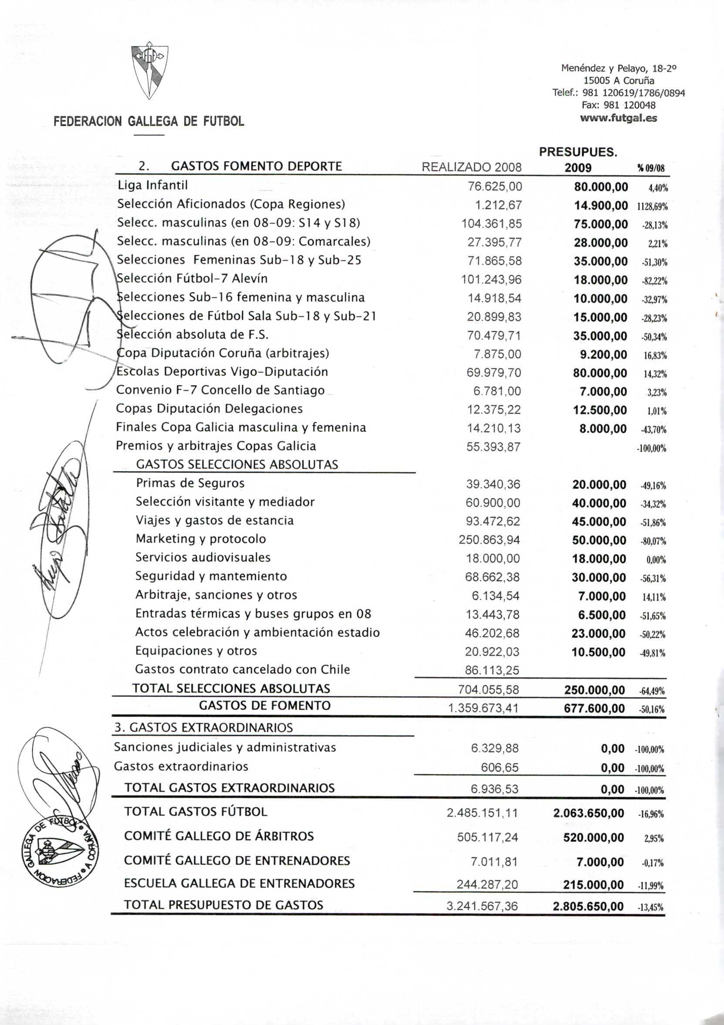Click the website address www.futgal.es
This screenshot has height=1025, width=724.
(618, 118)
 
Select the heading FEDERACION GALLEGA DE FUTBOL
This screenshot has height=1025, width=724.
(149, 121)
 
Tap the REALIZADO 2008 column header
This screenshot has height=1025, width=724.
(471, 167)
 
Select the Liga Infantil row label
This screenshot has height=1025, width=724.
(152, 185)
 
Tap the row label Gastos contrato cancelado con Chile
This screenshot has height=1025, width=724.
(242, 670)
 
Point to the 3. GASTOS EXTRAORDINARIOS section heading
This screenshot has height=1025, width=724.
(203, 728)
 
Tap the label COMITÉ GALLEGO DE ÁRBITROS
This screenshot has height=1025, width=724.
(219, 836)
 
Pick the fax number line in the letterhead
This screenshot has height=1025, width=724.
(618, 105)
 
